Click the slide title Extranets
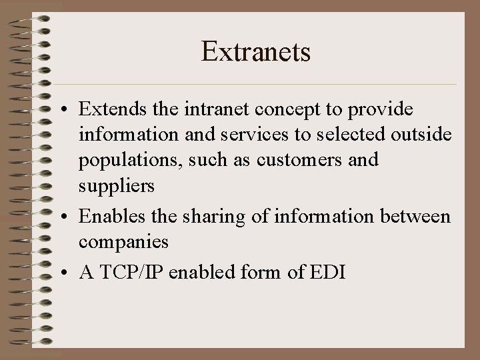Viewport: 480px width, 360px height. (x=256, y=52)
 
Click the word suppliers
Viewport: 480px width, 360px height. (x=117, y=187)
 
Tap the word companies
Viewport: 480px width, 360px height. (x=123, y=243)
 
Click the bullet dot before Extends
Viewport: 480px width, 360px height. (x=61, y=109)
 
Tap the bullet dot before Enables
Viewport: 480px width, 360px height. (x=61, y=217)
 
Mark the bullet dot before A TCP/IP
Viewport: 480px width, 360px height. (x=61, y=273)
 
